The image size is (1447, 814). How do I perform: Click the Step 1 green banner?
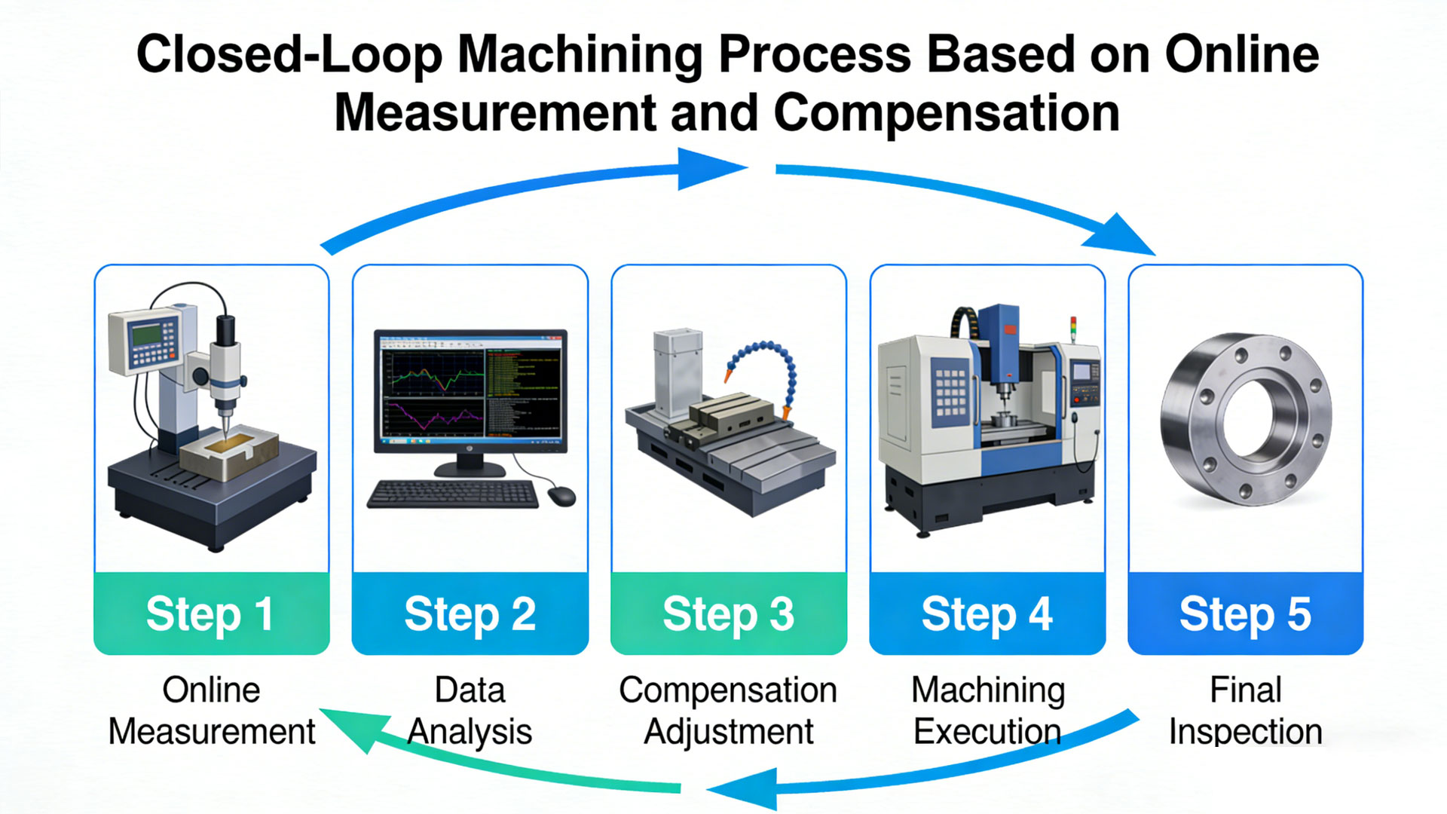point(211,614)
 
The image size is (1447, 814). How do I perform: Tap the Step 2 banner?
point(470,614)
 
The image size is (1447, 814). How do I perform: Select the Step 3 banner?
point(728,614)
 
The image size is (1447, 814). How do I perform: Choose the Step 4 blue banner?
point(987,614)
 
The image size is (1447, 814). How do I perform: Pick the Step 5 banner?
point(1245,614)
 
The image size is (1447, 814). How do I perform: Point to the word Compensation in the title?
point(946,113)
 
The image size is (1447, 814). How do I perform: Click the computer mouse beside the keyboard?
point(561,496)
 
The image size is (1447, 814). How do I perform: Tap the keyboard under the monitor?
point(453,494)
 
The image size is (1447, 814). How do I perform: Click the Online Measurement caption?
point(211,711)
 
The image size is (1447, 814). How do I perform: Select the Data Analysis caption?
point(470,711)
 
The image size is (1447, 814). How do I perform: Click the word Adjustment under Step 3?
point(728,732)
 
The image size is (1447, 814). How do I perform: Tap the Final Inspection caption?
point(1245,711)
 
